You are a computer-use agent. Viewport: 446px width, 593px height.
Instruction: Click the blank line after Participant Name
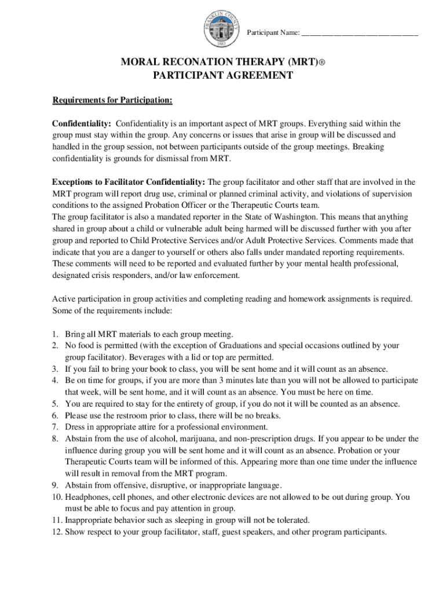[x=360, y=34]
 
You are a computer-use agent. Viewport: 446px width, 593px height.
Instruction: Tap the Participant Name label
[x=273, y=33]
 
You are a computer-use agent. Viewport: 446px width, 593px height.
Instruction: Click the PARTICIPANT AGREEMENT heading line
[x=222, y=76]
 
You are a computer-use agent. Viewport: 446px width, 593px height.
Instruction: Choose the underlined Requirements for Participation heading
[x=112, y=100]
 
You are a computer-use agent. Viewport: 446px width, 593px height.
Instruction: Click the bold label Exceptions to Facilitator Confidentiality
[x=129, y=182]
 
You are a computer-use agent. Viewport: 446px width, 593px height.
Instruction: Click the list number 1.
[x=55, y=334]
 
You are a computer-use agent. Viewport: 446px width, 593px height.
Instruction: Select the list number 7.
[x=55, y=427]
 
